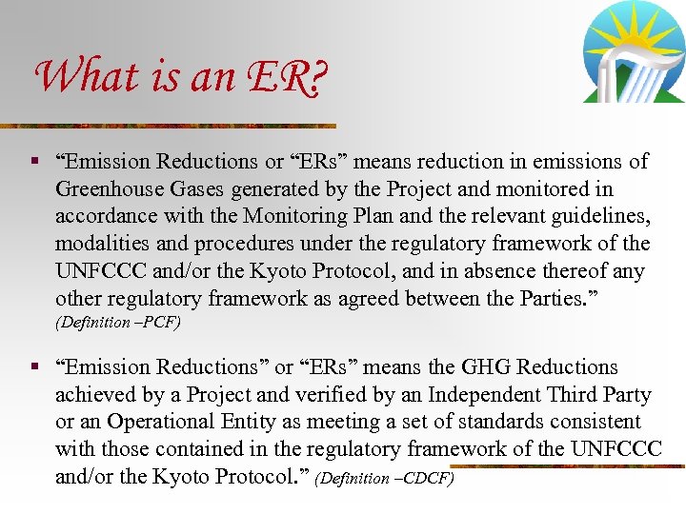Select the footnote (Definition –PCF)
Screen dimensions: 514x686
pos(119,323)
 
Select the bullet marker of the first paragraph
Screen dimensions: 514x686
pos(35,162)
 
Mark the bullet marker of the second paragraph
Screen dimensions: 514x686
pos(35,366)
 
